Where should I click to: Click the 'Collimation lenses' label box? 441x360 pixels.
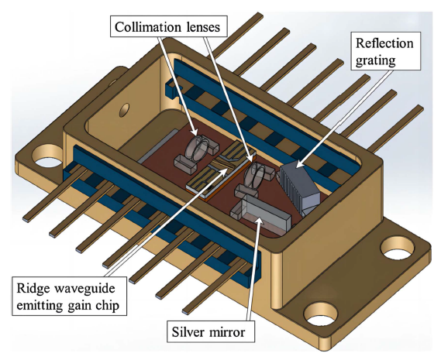(168, 26)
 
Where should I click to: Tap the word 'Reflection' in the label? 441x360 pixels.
(384, 43)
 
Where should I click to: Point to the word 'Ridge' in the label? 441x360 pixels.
(31, 288)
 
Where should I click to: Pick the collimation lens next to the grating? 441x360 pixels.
(255, 175)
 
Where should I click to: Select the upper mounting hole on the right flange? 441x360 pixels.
(398, 248)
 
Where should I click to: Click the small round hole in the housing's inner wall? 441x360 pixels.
(124, 110)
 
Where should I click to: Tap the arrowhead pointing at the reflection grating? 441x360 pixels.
(298, 163)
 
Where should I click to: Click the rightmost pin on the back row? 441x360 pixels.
(394, 128)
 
